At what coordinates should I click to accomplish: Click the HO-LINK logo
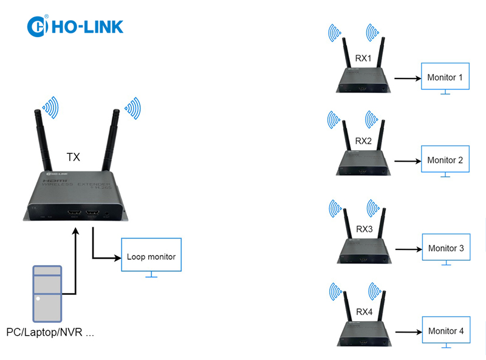tap(75, 26)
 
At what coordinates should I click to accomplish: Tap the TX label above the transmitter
tap(74, 157)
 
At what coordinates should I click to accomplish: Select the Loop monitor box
tap(151, 257)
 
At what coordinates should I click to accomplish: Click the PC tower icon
tap(47, 293)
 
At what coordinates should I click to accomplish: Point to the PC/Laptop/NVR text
tap(50, 333)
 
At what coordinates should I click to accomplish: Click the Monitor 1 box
tap(445, 78)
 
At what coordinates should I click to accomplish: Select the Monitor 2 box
tap(445, 161)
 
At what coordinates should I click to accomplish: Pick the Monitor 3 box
tap(445, 249)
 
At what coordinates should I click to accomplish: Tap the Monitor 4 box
tap(445, 331)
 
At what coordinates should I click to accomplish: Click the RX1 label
tap(363, 58)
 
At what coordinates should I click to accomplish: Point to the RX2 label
tap(363, 141)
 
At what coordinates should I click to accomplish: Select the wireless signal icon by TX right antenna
tap(132, 108)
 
